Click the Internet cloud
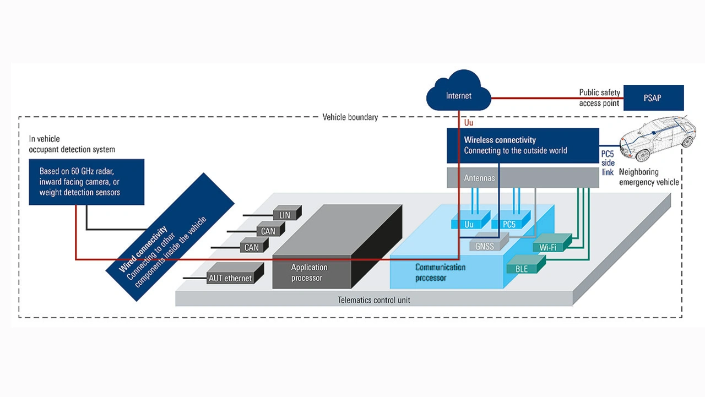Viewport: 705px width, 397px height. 458,94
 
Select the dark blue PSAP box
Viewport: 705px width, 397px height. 653,98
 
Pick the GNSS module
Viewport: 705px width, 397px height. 485,247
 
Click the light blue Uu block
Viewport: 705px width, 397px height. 469,224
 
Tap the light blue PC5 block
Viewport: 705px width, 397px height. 509,224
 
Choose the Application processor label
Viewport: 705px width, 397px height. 309,273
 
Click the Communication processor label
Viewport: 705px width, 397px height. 440,273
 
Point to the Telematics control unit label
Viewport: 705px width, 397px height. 374,300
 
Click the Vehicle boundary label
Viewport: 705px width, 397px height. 350,117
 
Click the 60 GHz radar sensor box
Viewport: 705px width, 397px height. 86,182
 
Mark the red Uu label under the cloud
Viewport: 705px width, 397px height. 469,123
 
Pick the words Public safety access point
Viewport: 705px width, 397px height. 599,98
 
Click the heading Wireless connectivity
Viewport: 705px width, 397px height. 500,140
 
